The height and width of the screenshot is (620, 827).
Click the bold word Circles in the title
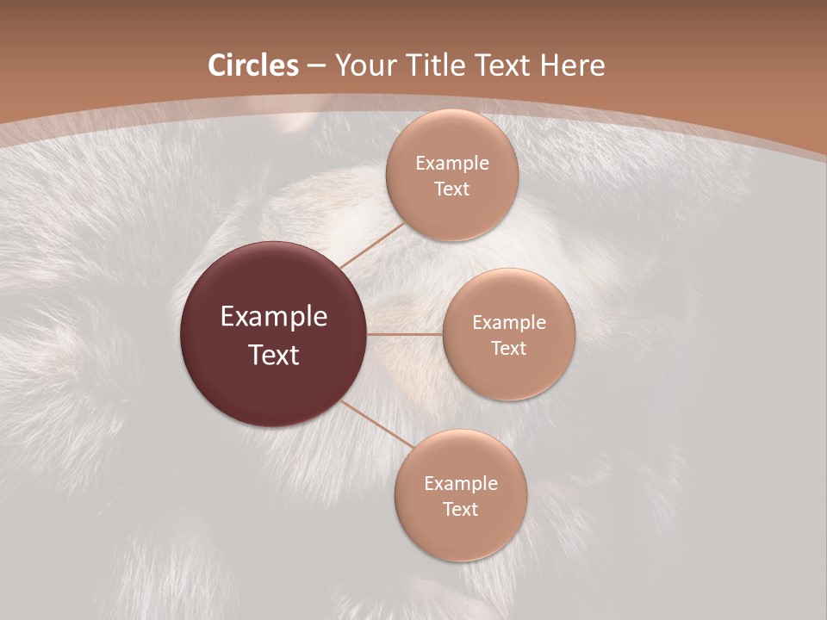[252, 65]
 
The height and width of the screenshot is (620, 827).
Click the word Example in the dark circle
[274, 317]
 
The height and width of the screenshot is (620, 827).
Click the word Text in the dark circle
[274, 355]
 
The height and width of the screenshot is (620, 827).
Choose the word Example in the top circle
[451, 164]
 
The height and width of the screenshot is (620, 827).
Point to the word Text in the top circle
[451, 189]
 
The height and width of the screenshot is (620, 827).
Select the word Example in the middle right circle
[508, 323]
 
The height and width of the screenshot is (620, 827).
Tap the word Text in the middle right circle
[508, 348]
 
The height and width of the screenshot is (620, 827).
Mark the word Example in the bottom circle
[460, 484]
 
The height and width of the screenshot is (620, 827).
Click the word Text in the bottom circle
[460, 509]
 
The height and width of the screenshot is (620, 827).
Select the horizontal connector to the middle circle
[405, 334]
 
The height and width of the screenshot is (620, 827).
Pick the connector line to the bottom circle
[377, 424]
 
